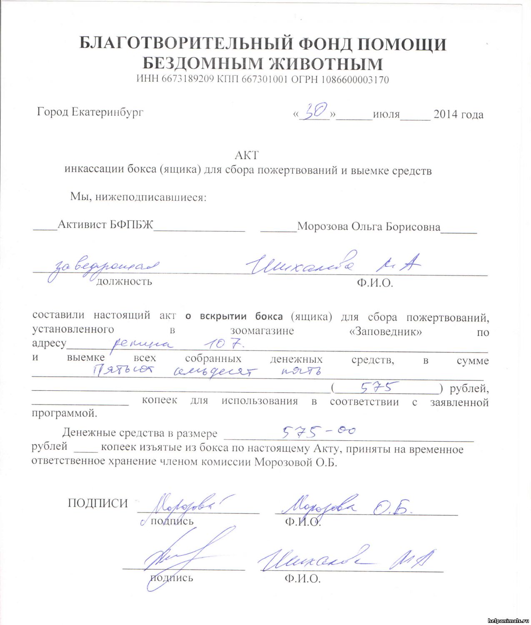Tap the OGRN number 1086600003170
(354, 79)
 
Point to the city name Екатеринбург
(107, 112)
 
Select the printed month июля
(386, 114)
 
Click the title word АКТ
(247, 155)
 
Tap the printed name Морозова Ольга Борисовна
(368, 227)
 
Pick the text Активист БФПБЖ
(105, 225)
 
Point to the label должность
(124, 282)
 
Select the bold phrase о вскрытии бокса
(234, 316)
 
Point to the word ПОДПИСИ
(98, 503)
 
